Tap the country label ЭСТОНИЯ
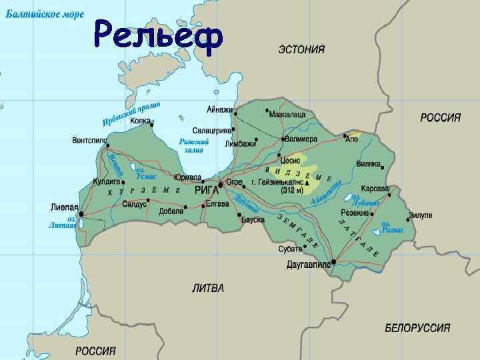(x=301, y=49)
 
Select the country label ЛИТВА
(x=208, y=288)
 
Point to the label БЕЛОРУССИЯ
(x=417, y=328)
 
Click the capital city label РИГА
(x=206, y=190)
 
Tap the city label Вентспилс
(x=90, y=141)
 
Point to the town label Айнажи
(x=220, y=109)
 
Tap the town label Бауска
(x=253, y=219)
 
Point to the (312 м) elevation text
(x=291, y=190)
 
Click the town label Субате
(x=291, y=249)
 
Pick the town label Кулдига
(x=105, y=181)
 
